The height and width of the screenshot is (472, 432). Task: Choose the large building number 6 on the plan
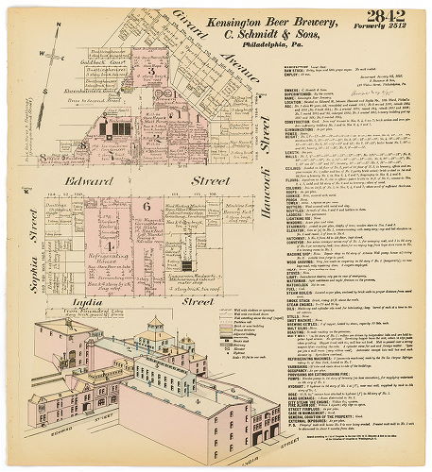[x=147, y=206]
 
